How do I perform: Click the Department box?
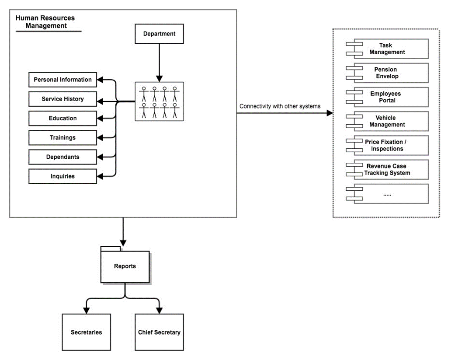tap(159, 34)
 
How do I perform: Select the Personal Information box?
tap(62, 80)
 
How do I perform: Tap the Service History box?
tap(62, 99)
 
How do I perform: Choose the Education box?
tap(62, 118)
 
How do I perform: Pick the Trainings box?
tap(62, 137)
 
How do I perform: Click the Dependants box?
tap(62, 157)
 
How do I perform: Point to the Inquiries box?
tap(62, 176)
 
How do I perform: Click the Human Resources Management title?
tap(45, 21)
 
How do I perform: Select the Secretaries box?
tap(86, 332)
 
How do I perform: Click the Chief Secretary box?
tap(159, 332)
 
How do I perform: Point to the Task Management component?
tap(387, 49)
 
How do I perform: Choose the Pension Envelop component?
tap(387, 73)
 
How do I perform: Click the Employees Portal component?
tap(387, 97)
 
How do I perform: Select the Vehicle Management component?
tap(387, 121)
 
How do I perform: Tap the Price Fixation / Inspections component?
tap(387, 145)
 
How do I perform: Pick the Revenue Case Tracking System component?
tap(387, 170)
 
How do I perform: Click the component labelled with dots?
tap(387, 194)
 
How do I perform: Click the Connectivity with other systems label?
tap(280, 106)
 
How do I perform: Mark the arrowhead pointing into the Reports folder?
tap(123, 243)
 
